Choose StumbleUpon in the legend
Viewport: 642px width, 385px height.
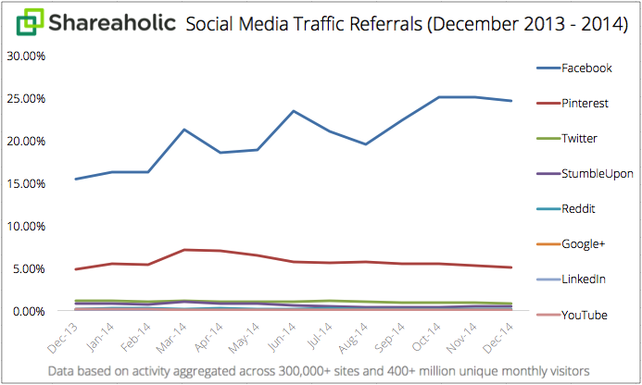coord(598,173)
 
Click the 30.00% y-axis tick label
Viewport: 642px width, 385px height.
coord(27,56)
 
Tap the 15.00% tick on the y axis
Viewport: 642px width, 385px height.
coord(27,183)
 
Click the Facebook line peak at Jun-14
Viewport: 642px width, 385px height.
coord(294,111)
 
